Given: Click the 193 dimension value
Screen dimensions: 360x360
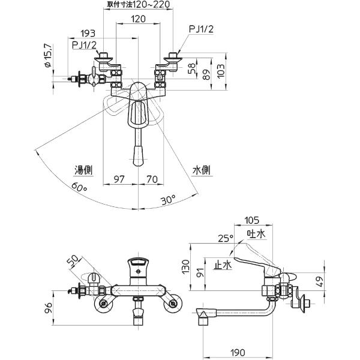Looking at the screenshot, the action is click(x=88, y=34).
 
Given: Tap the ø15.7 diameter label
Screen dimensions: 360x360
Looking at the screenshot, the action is click(x=48, y=56).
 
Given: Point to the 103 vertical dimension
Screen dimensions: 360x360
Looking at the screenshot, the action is click(x=221, y=71).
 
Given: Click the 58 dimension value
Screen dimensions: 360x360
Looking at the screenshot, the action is click(x=192, y=68).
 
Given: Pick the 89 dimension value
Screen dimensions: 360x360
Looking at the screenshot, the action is click(x=206, y=74).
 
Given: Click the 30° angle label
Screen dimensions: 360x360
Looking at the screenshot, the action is click(x=168, y=199).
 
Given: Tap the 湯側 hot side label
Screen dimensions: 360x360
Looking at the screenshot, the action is click(x=83, y=170).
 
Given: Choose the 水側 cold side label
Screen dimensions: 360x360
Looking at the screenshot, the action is click(x=202, y=170).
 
